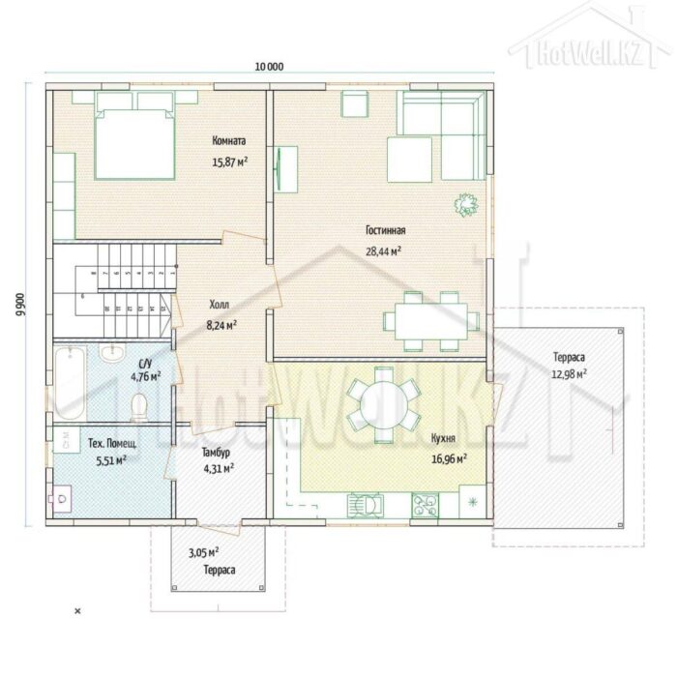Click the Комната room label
point(229,141)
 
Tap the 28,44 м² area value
point(383,250)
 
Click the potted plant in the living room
point(465,204)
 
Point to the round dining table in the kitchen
point(383,404)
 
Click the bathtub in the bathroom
point(70,382)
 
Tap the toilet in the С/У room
point(139,407)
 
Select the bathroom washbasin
point(112,352)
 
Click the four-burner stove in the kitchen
point(425,505)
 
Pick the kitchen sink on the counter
point(366,504)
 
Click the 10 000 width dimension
point(270,67)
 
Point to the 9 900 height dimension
point(20,305)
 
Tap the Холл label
point(220,305)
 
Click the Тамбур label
point(216,452)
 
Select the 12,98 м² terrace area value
point(569,374)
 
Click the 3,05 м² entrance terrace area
point(203,552)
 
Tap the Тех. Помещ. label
point(112,443)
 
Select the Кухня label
point(443,438)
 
